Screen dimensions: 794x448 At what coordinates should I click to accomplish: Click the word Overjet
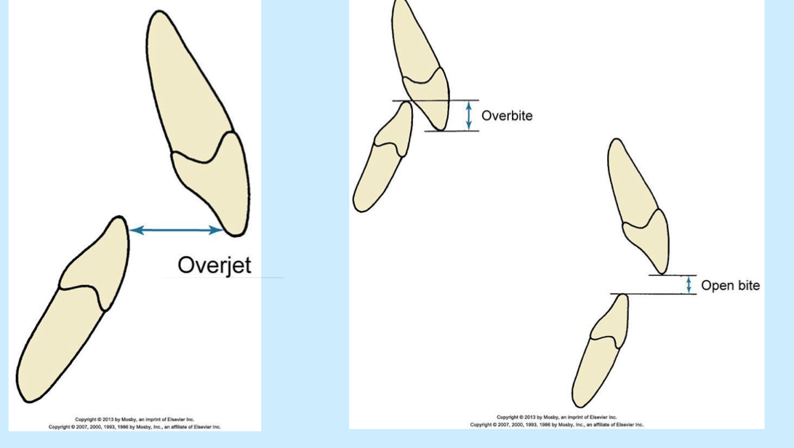point(214,265)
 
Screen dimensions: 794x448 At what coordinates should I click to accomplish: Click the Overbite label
point(507,115)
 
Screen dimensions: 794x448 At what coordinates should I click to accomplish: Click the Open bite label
point(730,285)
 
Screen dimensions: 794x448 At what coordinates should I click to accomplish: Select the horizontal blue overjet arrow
point(177,230)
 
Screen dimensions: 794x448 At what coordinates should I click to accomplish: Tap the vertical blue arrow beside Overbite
point(469,115)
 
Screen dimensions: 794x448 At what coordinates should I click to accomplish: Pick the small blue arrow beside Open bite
point(689,284)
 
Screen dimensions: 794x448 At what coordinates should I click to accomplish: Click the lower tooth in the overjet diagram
point(73,313)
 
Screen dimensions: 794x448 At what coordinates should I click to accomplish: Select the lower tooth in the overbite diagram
point(382,160)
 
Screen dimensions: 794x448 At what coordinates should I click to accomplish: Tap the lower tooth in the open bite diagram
point(600,356)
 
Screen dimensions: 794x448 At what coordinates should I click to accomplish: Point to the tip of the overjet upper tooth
point(237,233)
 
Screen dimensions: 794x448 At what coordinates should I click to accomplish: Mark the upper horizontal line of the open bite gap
point(673,275)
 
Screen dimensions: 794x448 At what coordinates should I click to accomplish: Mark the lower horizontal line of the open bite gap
point(654,294)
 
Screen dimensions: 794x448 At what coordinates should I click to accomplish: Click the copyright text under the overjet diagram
point(135,423)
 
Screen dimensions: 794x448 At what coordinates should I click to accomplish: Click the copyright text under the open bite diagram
point(556,420)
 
